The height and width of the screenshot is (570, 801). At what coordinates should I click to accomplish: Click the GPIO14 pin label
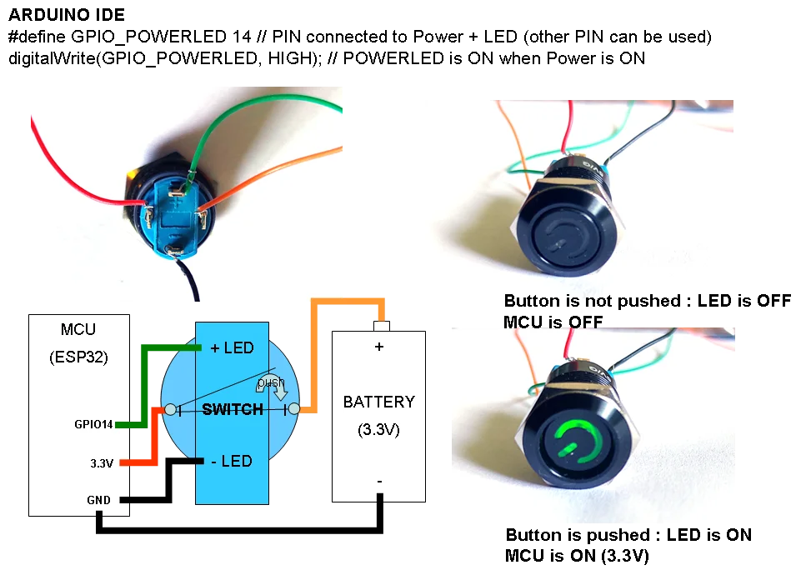(92, 424)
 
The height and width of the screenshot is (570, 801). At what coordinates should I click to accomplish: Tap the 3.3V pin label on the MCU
(101, 463)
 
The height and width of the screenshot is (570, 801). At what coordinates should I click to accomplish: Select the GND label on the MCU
(98, 500)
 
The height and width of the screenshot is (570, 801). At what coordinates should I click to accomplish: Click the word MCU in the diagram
(79, 330)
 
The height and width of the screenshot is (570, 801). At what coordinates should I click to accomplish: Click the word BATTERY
(378, 402)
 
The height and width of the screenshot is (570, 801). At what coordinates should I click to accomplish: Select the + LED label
(232, 347)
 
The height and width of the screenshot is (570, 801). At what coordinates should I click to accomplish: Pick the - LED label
(232, 461)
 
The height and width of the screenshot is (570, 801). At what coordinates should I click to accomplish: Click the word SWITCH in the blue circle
(233, 409)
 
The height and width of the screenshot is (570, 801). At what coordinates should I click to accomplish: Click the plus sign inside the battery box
(379, 347)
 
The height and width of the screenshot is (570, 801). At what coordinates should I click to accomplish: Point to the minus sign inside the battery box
(379, 481)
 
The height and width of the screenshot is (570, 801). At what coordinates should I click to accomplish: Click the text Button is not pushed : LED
(617, 301)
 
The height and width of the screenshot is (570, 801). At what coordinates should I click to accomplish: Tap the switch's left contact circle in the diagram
(170, 409)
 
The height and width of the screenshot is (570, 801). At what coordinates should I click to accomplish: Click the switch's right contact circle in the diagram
(293, 409)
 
